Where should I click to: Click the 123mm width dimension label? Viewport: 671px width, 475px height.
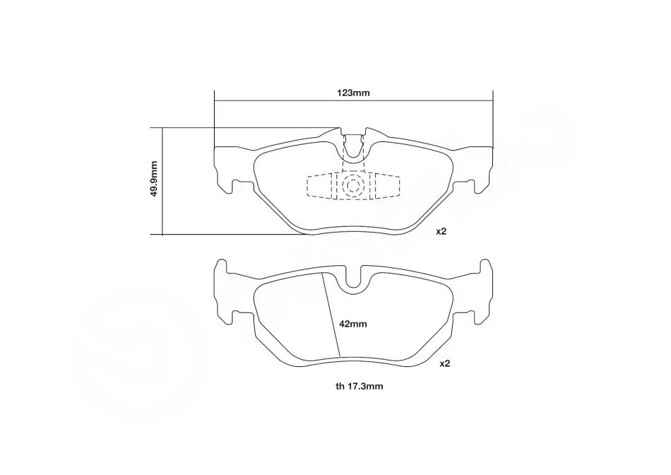pyautogui.click(x=353, y=93)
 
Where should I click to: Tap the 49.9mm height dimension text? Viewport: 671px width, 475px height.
pyautogui.click(x=154, y=179)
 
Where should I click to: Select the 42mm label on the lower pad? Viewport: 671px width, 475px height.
pyautogui.click(x=353, y=324)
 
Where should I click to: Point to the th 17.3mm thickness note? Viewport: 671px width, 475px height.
pyautogui.click(x=360, y=387)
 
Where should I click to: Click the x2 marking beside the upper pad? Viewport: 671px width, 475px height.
pyautogui.click(x=441, y=231)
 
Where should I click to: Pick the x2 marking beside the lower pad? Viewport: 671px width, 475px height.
pyautogui.click(x=445, y=363)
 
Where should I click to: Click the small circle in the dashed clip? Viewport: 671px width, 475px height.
pyautogui.click(x=353, y=185)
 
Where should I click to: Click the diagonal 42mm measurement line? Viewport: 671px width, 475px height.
pyautogui.click(x=331, y=315)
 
